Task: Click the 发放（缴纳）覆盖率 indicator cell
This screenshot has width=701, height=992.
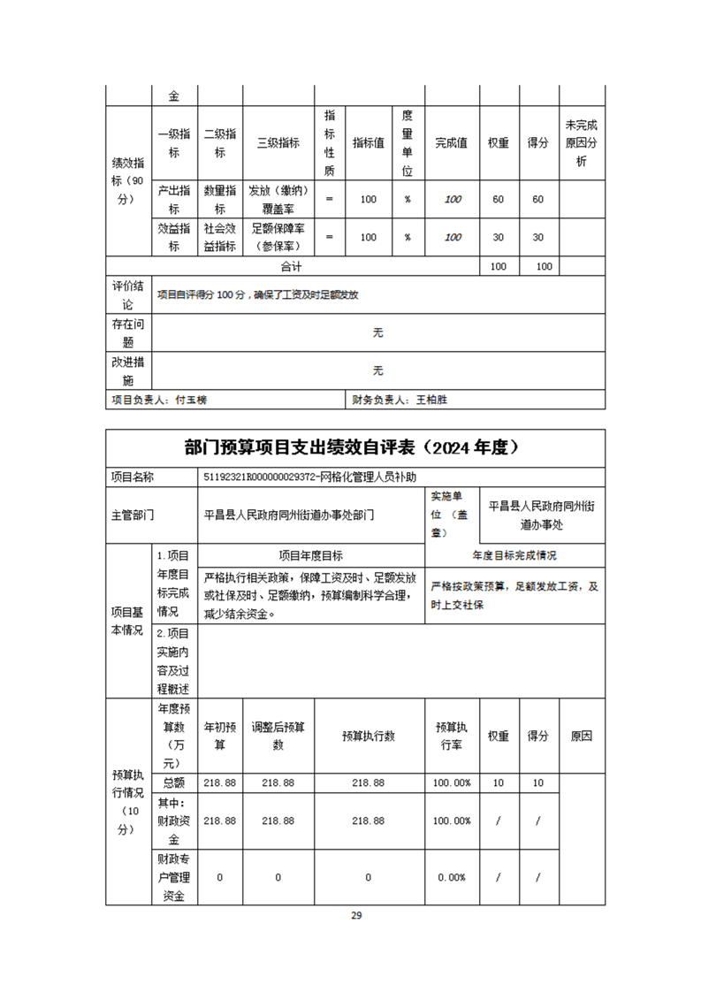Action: tap(278, 200)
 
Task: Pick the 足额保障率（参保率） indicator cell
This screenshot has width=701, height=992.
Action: tap(278, 237)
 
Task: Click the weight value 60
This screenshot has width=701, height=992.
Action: tap(498, 200)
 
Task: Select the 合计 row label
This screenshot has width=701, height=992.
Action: tap(292, 266)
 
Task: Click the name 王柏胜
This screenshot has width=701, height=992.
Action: tap(432, 400)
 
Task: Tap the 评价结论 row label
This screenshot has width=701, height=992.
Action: tap(128, 294)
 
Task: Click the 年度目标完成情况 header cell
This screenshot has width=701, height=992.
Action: tap(514, 555)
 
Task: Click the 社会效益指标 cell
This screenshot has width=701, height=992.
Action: tap(219, 237)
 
